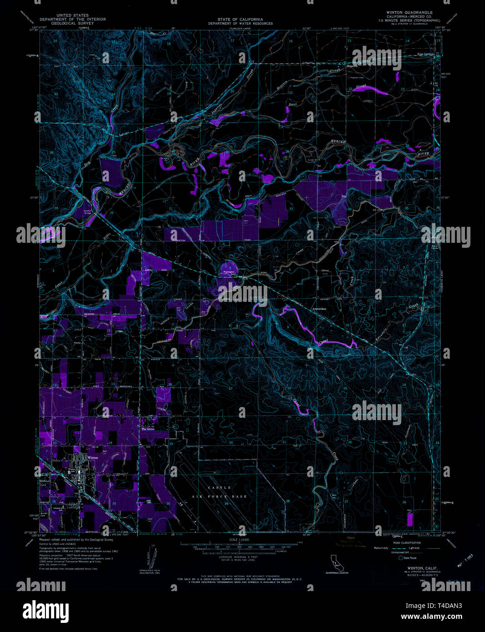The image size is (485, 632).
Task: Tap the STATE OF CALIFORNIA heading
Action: click(240, 20)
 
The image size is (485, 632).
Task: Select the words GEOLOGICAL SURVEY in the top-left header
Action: click(72, 23)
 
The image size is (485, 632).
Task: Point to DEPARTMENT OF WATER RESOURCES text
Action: click(240, 24)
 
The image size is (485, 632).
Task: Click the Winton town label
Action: click(93, 457)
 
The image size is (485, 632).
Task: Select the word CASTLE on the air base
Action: click(213, 488)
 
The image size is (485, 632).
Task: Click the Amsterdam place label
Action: click(319, 309)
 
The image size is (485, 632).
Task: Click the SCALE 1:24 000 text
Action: click(240, 540)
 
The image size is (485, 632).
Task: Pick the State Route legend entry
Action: click(409, 558)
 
